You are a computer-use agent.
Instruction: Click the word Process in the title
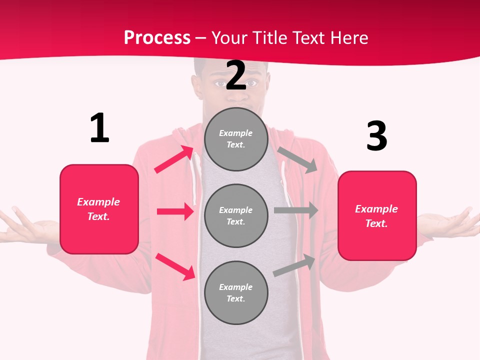[x=157, y=38]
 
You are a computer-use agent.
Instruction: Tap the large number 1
[x=99, y=128]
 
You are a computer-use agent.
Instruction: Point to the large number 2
[x=236, y=75]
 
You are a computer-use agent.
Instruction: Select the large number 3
[x=376, y=136]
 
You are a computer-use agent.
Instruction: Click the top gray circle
[x=236, y=139]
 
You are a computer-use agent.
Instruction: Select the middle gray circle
[x=236, y=215]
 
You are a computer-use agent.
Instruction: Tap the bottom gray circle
[x=236, y=292]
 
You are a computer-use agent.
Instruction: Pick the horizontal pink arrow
[x=175, y=211]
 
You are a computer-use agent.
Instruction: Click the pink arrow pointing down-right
[x=175, y=266]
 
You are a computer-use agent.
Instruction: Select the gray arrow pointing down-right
[x=297, y=160]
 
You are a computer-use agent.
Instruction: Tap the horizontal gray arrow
[x=296, y=210]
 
